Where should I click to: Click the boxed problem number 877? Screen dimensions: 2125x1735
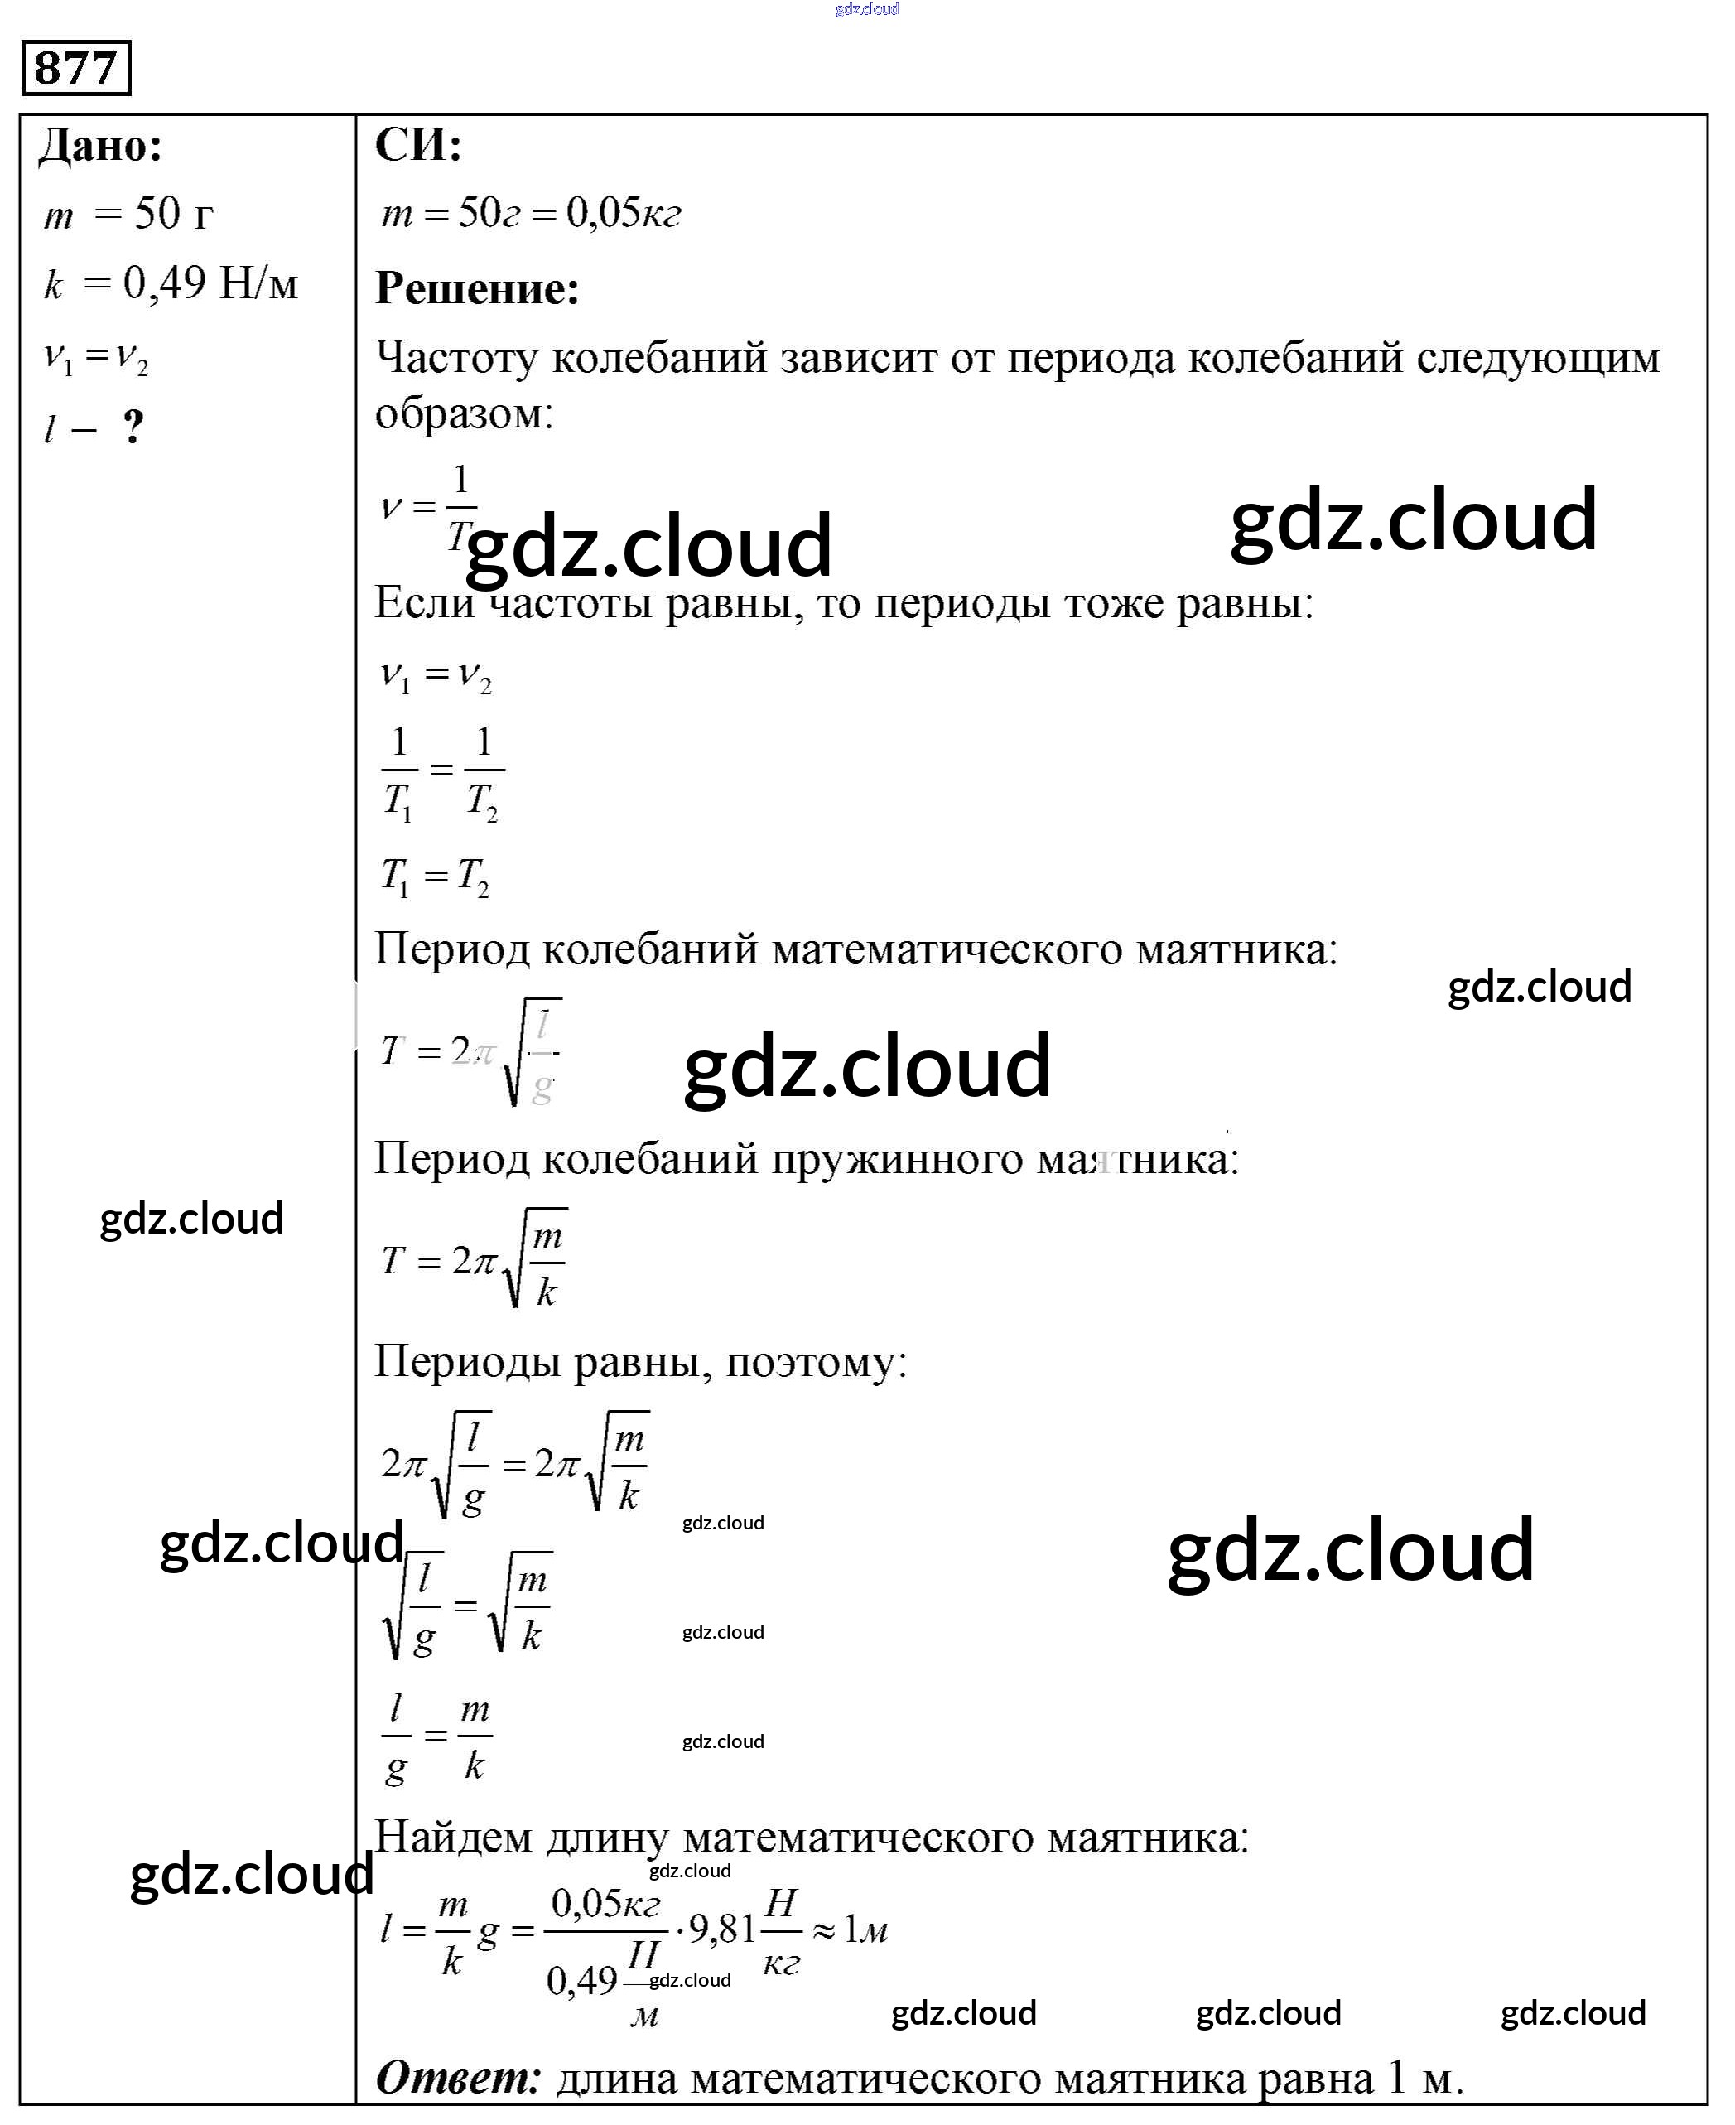[x=76, y=68]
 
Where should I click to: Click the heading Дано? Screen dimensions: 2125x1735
[x=100, y=146]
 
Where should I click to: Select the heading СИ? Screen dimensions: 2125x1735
[x=417, y=146]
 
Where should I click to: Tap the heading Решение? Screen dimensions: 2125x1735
[x=477, y=289]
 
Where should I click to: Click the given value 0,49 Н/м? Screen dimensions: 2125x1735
[x=210, y=284]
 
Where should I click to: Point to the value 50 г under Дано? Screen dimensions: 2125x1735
[x=173, y=214]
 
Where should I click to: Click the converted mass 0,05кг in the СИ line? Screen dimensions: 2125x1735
[x=624, y=213]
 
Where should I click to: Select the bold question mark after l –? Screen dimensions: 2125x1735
[x=133, y=427]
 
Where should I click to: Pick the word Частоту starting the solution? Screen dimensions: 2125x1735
[x=457, y=358]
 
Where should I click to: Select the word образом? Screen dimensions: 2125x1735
[x=464, y=413]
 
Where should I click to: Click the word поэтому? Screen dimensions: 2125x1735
[x=816, y=1361]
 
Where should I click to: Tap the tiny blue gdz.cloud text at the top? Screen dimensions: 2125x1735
[x=866, y=9]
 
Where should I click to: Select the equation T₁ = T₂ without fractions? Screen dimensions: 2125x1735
[x=436, y=877]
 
